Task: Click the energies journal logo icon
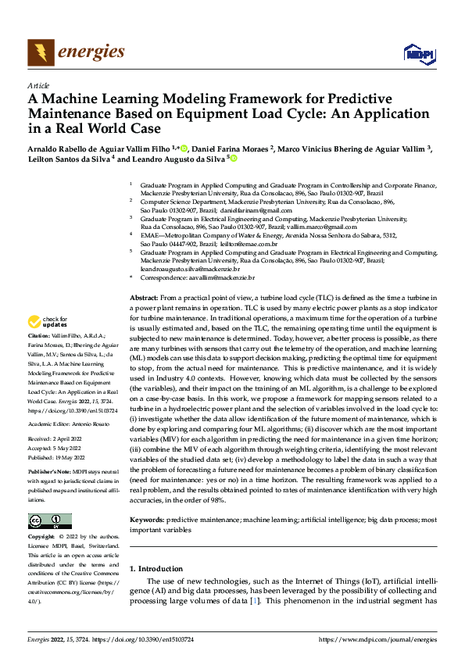(x=38, y=52)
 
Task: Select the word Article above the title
(x=38, y=84)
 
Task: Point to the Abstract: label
(x=143, y=299)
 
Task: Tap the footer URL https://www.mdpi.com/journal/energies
(x=378, y=640)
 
